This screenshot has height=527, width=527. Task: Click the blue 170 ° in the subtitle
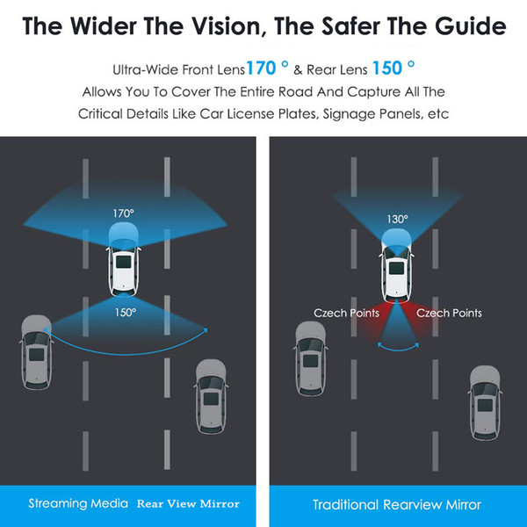tap(268, 68)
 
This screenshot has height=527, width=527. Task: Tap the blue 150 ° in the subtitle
tap(393, 68)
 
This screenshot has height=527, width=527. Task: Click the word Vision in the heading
tap(200, 26)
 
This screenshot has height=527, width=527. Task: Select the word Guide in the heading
tap(470, 26)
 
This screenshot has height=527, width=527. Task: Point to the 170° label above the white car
tap(123, 213)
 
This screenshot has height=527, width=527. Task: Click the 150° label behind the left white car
tap(126, 313)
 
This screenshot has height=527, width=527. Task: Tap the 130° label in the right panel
tap(397, 220)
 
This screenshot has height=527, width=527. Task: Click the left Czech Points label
tap(346, 313)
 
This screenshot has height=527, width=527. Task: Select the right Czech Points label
tap(449, 313)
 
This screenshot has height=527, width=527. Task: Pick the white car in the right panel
tap(397, 265)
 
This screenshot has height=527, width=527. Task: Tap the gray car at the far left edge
tap(36, 352)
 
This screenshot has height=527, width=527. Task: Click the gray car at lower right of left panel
tap(211, 397)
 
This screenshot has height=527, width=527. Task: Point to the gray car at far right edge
tap(485, 403)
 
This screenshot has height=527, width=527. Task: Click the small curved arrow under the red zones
tap(398, 350)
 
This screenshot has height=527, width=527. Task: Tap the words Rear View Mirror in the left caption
tap(188, 504)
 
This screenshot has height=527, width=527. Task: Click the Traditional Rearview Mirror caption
tap(397, 505)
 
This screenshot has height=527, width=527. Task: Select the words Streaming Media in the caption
tap(78, 503)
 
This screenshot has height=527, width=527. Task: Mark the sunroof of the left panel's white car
tap(123, 262)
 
